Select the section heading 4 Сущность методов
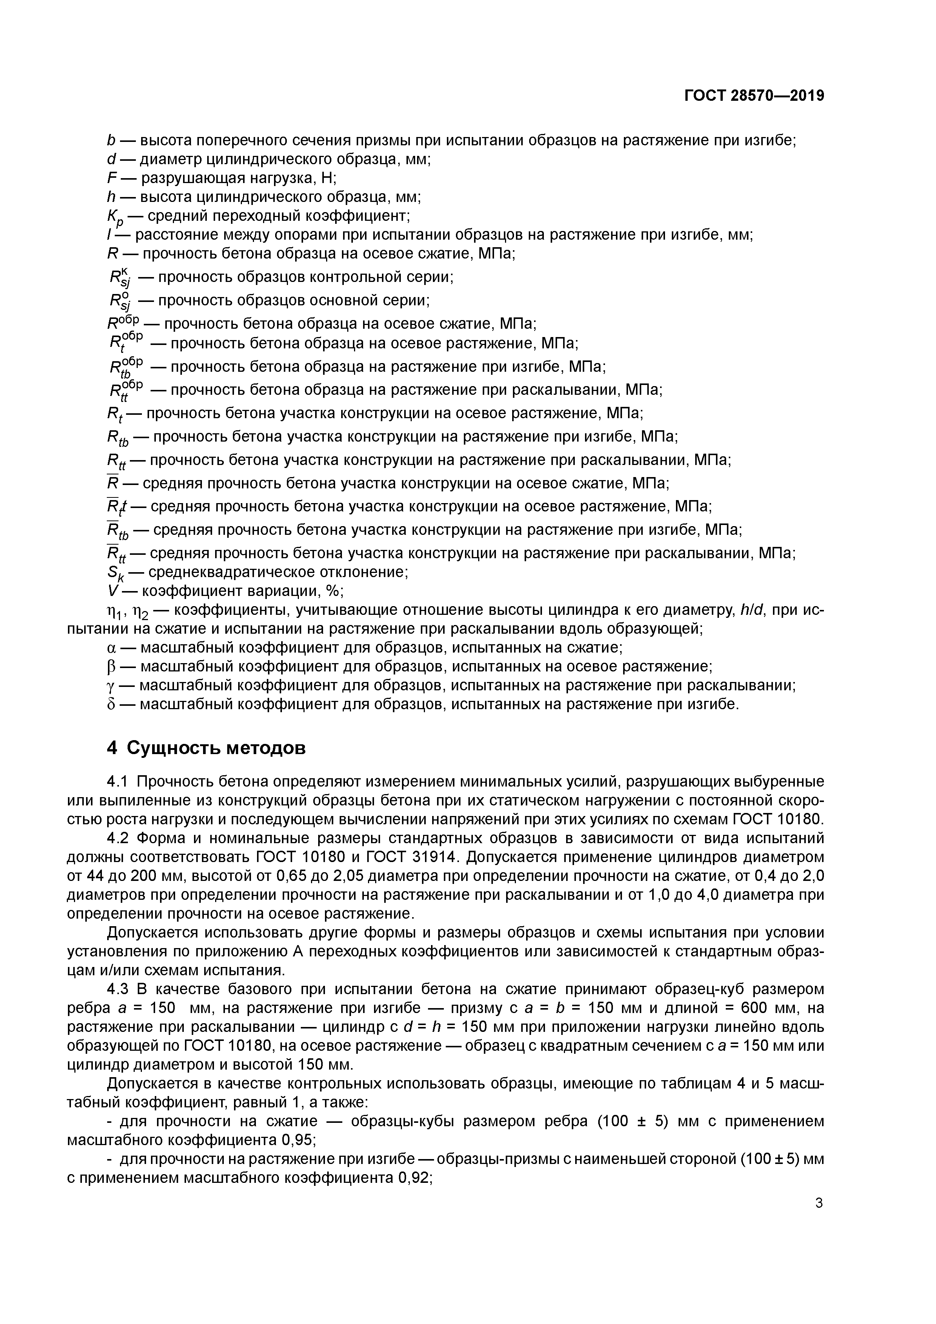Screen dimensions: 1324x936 [x=206, y=748]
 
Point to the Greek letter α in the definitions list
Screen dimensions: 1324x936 [x=112, y=648]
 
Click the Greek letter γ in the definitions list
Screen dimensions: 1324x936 [x=112, y=686]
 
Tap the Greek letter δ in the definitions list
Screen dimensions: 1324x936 [x=112, y=704]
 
